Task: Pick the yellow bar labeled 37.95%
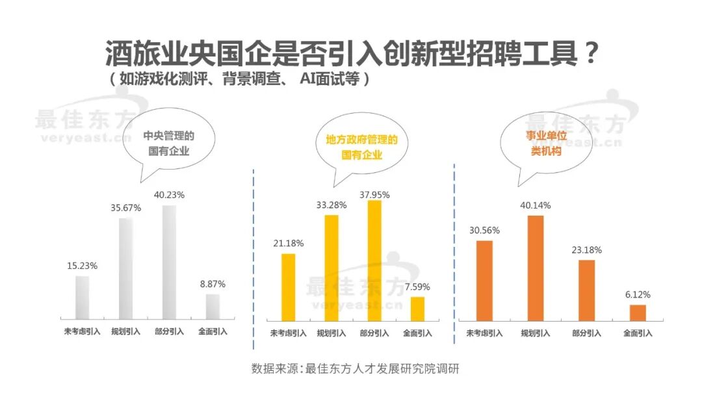(x=374, y=260)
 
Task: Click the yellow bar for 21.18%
(x=288, y=287)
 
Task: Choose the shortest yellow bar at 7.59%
(x=417, y=309)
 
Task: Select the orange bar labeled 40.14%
(x=536, y=268)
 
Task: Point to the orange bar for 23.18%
(x=586, y=290)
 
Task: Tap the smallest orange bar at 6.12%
(x=638, y=312)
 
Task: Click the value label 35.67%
(x=125, y=208)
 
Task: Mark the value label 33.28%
(x=331, y=205)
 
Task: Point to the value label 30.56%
(x=484, y=230)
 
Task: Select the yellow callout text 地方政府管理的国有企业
(x=361, y=147)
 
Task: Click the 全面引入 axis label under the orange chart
(x=638, y=333)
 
